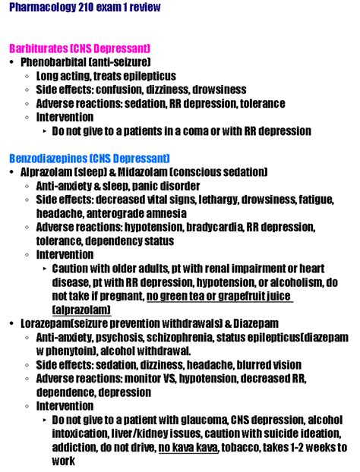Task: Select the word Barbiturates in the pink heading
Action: point(40,48)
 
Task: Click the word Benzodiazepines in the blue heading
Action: point(48,159)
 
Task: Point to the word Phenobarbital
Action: point(55,61)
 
